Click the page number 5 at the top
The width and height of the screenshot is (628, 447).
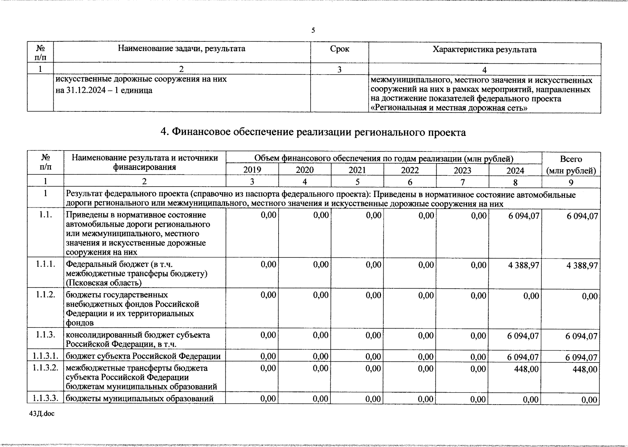(x=313, y=30)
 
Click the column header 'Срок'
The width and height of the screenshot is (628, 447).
(x=339, y=49)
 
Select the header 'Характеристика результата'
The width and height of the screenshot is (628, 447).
(x=484, y=50)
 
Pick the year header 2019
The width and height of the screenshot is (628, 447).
(x=252, y=170)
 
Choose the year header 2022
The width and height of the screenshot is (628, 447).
(x=410, y=170)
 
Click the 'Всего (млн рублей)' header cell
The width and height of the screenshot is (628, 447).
(x=571, y=165)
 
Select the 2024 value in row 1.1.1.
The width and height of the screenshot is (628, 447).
(x=523, y=265)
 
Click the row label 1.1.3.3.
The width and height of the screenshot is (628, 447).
(x=45, y=398)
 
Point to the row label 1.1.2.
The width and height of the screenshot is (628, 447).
(x=45, y=295)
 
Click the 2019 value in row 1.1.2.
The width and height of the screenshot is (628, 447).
(x=268, y=295)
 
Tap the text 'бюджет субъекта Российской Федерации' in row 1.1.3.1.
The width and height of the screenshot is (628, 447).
(x=143, y=356)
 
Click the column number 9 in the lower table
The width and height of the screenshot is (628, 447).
(x=571, y=182)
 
